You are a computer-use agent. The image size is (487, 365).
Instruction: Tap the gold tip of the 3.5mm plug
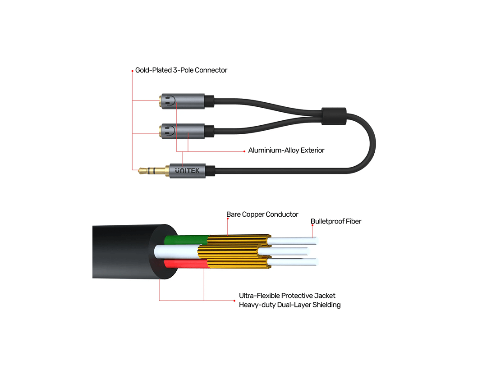[141, 170]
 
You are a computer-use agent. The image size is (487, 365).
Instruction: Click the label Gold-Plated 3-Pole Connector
[181, 70]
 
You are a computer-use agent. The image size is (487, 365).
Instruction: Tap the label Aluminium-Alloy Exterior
[286, 150]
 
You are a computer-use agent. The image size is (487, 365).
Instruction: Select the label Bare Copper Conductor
[262, 214]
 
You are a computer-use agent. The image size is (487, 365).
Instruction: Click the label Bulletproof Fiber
[336, 221]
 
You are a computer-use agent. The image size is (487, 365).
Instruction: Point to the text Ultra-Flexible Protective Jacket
[287, 296]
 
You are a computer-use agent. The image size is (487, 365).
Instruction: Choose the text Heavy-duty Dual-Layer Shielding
[289, 305]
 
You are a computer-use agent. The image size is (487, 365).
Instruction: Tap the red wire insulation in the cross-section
[185, 264]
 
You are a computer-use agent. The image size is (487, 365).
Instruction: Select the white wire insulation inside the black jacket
[174, 251]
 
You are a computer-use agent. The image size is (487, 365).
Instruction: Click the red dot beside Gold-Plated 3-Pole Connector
[132, 70]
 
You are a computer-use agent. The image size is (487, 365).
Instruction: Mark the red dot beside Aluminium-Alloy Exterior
[245, 151]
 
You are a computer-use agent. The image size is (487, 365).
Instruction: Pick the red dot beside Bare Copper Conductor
[228, 219]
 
